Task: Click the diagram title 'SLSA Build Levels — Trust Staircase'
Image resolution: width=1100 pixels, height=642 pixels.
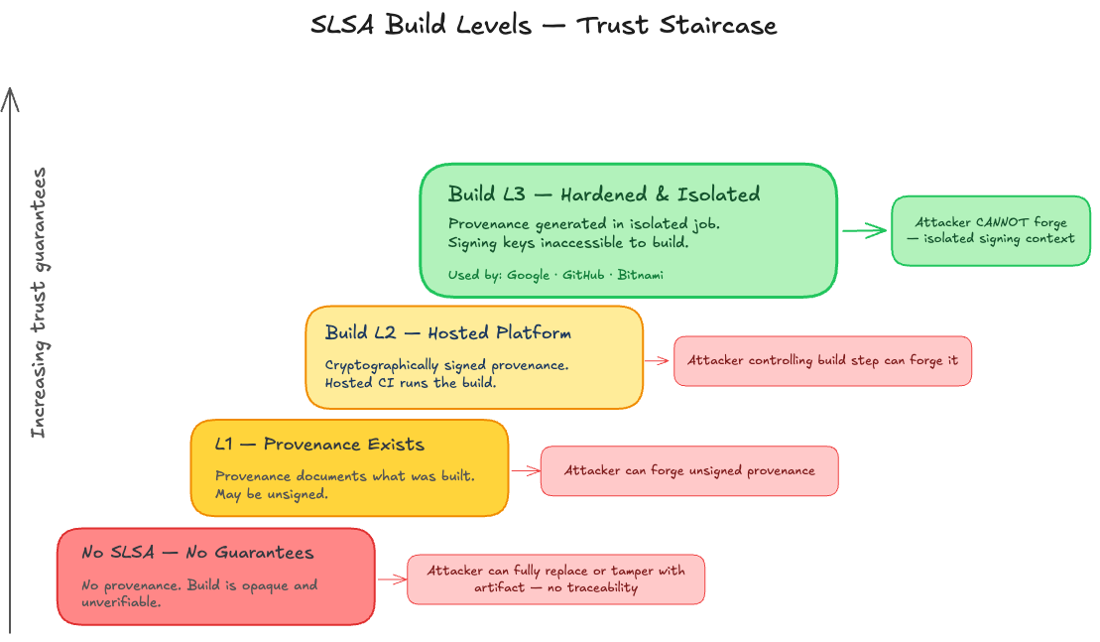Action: click(x=544, y=25)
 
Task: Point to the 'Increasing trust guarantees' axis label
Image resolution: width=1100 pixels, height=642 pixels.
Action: click(x=38, y=303)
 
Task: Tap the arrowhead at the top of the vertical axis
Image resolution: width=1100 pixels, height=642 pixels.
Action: click(x=10, y=96)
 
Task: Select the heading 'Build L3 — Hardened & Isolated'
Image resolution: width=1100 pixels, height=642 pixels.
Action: click(x=604, y=193)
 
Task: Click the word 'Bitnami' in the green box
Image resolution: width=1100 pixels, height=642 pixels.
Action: click(x=640, y=275)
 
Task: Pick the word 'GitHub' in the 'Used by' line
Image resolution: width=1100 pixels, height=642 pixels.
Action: click(x=584, y=275)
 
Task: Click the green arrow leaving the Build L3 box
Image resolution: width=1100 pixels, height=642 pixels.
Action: click(x=864, y=231)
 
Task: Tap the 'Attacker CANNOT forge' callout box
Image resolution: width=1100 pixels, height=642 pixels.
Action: click(x=990, y=230)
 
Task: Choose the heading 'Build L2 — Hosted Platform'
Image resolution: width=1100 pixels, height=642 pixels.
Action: click(x=448, y=332)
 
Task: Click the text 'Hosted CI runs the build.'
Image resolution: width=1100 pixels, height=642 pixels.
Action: click(x=410, y=382)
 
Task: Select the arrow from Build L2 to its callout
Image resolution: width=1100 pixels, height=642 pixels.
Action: click(x=658, y=360)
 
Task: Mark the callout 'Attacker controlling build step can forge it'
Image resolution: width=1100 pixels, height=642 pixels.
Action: click(x=822, y=360)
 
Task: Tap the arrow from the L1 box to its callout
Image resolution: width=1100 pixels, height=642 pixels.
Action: click(x=524, y=470)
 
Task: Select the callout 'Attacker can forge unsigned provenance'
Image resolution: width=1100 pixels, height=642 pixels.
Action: click(x=689, y=470)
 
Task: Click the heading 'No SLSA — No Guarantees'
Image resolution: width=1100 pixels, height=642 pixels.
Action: click(x=197, y=553)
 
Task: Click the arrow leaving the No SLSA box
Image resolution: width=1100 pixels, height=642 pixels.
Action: click(x=391, y=579)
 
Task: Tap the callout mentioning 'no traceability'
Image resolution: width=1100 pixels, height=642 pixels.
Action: click(x=555, y=579)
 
